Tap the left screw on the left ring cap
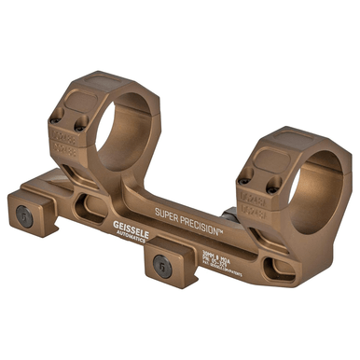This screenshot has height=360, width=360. click(x=60, y=118)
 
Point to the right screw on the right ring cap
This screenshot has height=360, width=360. click(x=271, y=189)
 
